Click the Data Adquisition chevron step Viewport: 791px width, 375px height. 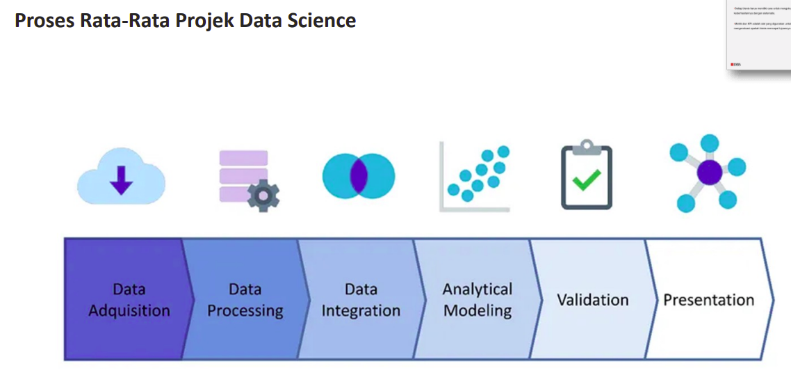point(125,300)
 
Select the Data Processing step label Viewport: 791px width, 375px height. point(245,300)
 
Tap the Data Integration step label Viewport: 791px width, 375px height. point(361,300)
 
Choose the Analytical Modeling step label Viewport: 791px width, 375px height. point(477,300)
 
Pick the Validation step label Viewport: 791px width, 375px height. point(592,300)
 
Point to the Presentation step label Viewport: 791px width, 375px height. point(708,300)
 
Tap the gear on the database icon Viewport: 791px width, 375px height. point(263,197)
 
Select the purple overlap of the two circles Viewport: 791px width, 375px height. point(359,175)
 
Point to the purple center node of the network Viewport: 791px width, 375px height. point(710,172)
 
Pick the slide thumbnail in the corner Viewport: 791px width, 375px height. point(758,35)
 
